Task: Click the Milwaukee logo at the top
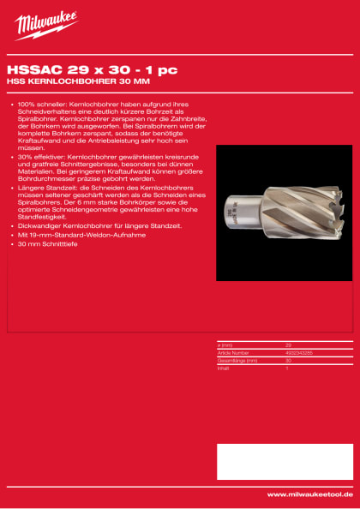pyautogui.click(x=46, y=26)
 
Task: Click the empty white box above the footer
pyautogui.click(x=284, y=462)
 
